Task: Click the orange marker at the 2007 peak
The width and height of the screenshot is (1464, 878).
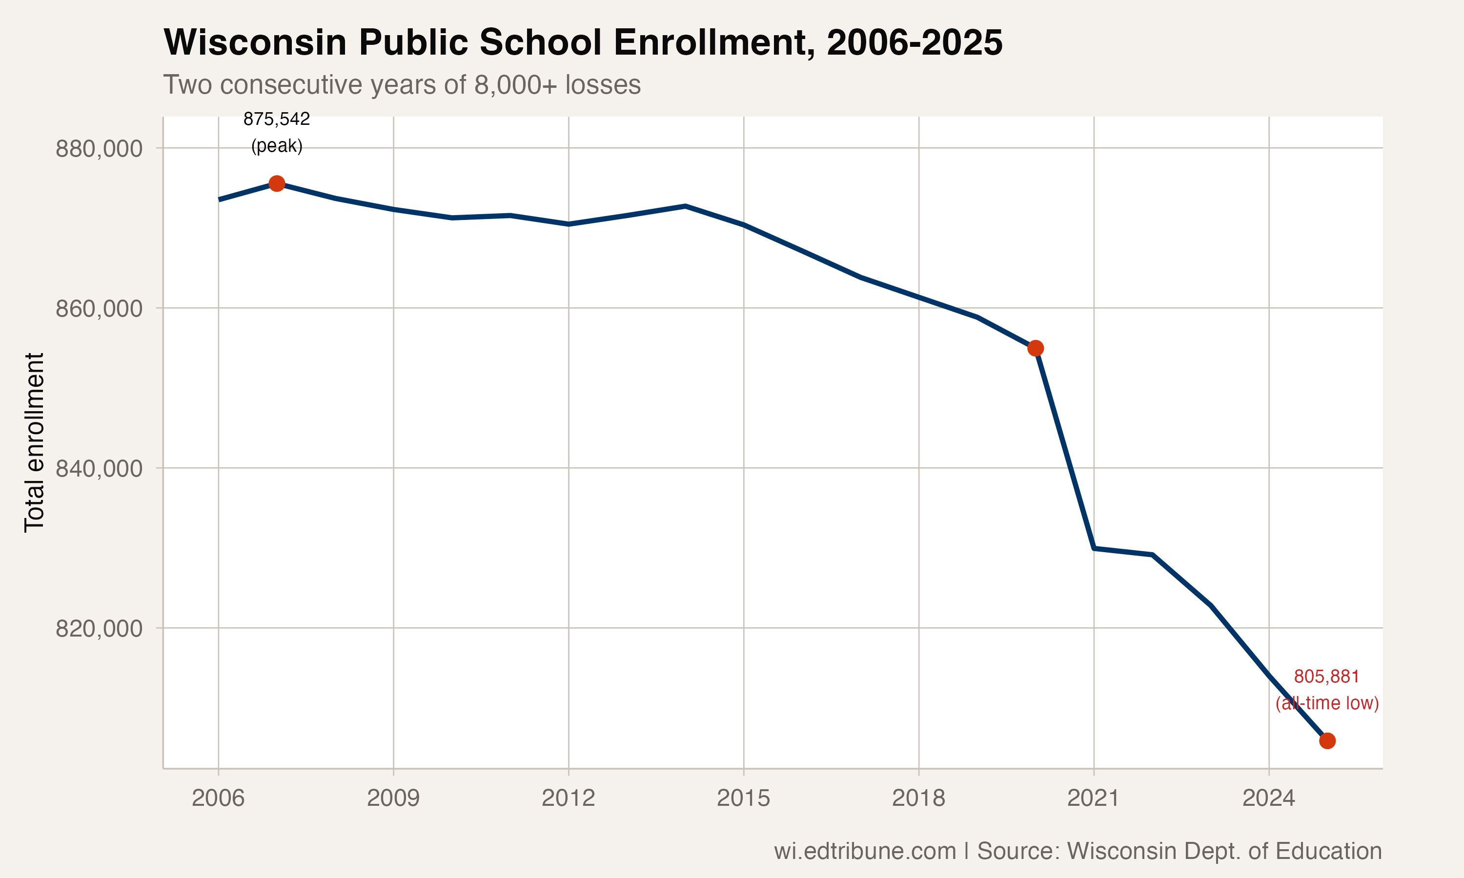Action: click(x=276, y=183)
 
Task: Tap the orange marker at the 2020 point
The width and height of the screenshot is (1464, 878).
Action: click(x=1035, y=348)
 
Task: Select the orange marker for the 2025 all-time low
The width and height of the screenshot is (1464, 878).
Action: click(x=1327, y=741)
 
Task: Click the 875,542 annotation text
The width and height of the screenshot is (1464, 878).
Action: click(x=276, y=119)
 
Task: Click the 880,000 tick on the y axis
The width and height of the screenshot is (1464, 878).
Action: click(x=99, y=148)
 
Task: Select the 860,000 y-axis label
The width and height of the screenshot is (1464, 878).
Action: click(x=99, y=308)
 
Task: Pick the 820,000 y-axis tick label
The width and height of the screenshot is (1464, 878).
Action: click(x=99, y=628)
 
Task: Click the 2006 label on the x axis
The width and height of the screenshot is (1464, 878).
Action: click(x=218, y=798)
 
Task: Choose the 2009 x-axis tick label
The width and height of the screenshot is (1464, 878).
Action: click(x=393, y=798)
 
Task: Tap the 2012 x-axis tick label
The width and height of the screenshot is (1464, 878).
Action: click(x=568, y=798)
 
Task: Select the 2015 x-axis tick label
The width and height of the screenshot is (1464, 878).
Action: click(x=743, y=798)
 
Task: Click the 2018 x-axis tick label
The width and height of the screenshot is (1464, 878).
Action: click(x=918, y=798)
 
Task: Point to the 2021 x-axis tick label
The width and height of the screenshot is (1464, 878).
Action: click(x=1093, y=798)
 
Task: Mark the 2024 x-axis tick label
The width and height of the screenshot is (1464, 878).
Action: click(x=1268, y=798)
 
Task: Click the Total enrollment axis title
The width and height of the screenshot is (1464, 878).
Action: click(x=34, y=442)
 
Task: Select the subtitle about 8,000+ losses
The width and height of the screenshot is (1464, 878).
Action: click(x=402, y=84)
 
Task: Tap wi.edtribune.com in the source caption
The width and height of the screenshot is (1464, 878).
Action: click(x=865, y=851)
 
